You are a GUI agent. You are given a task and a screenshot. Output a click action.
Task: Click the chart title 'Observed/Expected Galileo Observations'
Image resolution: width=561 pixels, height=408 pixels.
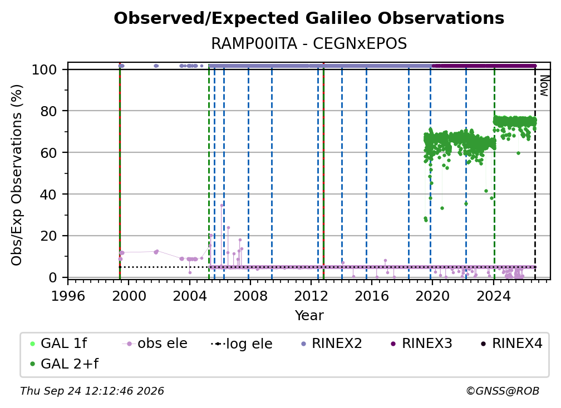click(309, 18)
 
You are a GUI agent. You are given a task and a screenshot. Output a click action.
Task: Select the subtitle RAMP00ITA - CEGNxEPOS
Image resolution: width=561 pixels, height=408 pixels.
click(309, 44)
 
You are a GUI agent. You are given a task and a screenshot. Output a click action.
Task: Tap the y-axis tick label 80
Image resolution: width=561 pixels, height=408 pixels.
click(48, 111)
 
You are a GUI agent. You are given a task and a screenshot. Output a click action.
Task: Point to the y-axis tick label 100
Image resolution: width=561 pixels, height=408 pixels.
click(45, 69)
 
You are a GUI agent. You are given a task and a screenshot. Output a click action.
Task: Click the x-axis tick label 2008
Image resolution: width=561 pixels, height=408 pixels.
click(250, 296)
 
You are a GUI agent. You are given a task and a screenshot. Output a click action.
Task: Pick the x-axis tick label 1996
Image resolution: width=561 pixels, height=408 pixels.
click(68, 296)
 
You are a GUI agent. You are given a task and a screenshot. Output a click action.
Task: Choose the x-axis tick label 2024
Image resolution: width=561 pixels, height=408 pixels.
click(493, 296)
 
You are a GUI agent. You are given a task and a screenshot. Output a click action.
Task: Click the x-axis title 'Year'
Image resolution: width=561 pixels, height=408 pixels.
click(309, 316)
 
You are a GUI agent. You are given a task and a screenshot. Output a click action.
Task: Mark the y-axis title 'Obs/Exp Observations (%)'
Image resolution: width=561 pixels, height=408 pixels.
click(17, 175)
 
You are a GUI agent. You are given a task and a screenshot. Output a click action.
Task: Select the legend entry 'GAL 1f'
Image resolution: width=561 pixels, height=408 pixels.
click(58, 344)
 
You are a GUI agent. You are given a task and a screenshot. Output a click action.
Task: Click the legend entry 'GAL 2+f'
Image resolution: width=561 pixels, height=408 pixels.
click(64, 364)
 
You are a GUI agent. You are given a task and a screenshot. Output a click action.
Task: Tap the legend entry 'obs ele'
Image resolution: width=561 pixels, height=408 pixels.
click(155, 344)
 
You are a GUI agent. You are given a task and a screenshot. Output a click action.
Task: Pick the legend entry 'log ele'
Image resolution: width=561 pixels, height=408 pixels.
click(242, 344)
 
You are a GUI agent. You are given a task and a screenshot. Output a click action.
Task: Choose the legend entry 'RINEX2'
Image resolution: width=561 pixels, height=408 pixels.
click(332, 344)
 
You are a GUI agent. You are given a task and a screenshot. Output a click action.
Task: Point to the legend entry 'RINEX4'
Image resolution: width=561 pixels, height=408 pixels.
click(511, 344)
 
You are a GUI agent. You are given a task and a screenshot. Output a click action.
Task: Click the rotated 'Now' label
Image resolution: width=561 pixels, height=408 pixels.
click(544, 86)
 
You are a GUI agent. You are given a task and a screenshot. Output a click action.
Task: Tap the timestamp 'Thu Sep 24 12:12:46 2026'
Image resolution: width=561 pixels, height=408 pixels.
click(92, 391)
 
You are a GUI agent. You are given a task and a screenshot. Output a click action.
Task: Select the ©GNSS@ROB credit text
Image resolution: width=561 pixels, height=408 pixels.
click(503, 391)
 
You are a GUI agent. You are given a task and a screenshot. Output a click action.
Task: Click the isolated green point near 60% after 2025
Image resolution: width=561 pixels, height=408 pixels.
click(518, 153)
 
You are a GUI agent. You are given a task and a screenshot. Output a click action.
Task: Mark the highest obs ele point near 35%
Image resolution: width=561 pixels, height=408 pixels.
click(222, 206)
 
